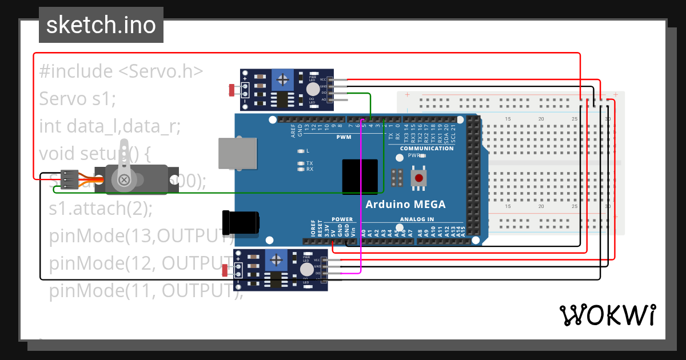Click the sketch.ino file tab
101,25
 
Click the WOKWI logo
607,315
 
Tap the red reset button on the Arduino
419,178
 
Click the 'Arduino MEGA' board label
405,205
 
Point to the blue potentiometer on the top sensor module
281,78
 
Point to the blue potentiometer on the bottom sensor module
277,260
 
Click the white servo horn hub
124,180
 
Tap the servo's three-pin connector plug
70,179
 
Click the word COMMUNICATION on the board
426,149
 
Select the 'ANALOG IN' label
417,219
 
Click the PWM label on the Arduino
344,137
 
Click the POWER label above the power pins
342,219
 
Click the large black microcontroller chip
360,177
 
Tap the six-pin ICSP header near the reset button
398,178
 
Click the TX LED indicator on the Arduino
301,163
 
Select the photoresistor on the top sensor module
232,90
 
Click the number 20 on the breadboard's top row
541,119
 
